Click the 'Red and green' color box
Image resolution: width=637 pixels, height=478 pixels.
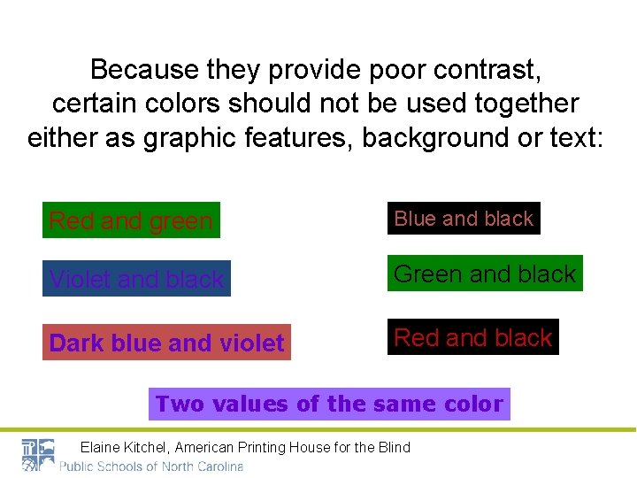131,220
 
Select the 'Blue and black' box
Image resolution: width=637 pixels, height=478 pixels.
464,219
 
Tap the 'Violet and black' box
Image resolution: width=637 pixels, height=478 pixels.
137,279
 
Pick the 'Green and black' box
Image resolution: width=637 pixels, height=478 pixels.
485,274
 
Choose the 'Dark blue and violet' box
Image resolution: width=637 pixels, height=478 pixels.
166,343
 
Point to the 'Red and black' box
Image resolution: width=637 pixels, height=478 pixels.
473,337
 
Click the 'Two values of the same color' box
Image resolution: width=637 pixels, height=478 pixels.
329,404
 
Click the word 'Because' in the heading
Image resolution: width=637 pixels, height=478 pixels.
145,68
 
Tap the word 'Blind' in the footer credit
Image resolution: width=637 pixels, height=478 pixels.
395,447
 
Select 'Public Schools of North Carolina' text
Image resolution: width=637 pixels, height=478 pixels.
151,466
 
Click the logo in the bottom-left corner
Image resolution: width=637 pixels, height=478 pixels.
37,455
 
